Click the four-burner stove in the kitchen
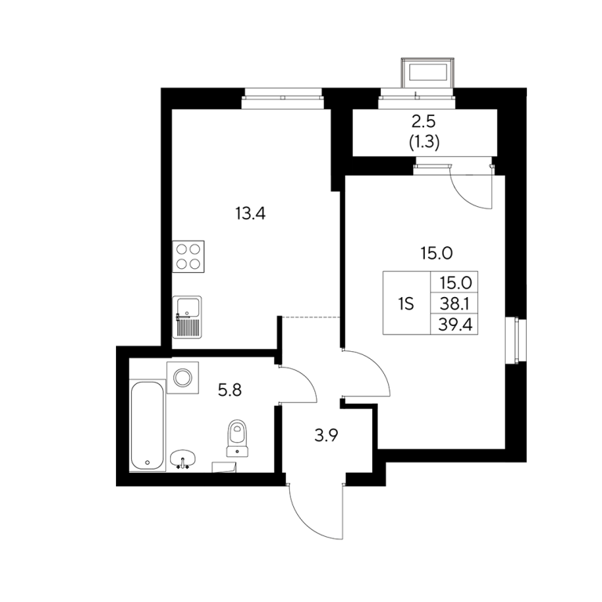[188, 256]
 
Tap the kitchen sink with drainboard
[187, 317]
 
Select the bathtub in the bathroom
[148, 426]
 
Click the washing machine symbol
[183, 377]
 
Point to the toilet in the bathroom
[237, 438]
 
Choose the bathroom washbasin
[183, 459]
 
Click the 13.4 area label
[250, 213]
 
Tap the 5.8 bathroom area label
[230, 390]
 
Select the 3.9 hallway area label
[326, 435]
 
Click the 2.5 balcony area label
[424, 121]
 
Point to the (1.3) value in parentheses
[424, 143]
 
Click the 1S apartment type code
[406, 304]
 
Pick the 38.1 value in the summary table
[455, 304]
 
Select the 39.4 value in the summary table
[455, 325]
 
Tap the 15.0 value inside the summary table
[455, 283]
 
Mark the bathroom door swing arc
[307, 378]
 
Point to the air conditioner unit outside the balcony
[428, 73]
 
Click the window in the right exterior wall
[515, 340]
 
